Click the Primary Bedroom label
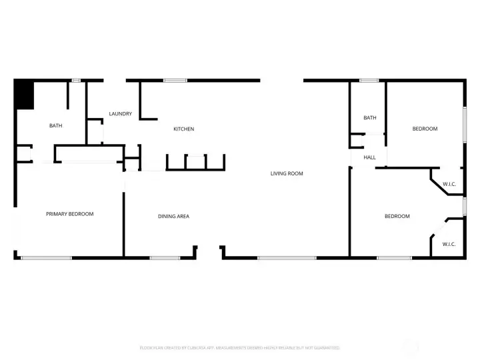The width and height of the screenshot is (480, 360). (69, 214)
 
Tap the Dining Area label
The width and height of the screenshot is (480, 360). (173, 216)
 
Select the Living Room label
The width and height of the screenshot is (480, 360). (287, 173)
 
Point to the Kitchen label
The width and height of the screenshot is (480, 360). (183, 129)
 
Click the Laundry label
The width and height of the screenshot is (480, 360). (120, 114)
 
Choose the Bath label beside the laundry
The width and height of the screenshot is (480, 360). (56, 125)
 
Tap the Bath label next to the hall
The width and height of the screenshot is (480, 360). (370, 118)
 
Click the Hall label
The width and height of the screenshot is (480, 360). (369, 157)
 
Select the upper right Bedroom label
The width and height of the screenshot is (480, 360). (425, 129)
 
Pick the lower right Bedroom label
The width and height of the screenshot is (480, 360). (397, 216)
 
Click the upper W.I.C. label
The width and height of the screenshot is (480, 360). (449, 184)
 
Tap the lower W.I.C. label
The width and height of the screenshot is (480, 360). (449, 244)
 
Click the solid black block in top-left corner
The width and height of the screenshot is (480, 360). (25, 94)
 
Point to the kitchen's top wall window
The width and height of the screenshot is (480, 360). (175, 81)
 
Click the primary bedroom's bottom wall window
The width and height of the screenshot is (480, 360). (46, 257)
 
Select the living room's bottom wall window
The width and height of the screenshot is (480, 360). (278, 257)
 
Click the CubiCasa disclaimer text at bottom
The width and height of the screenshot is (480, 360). (239, 347)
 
